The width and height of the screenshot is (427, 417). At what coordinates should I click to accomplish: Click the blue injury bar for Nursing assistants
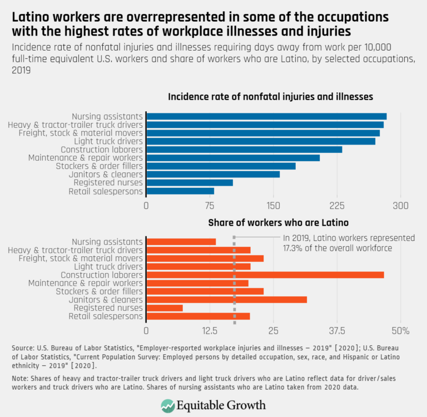pyautogui.click(x=266, y=116)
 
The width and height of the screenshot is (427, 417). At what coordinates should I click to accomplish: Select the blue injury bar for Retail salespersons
pyautogui.click(x=180, y=191)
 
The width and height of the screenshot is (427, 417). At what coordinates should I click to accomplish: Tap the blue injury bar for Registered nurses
pyautogui.click(x=189, y=183)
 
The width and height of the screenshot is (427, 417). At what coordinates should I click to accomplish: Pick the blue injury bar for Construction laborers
pyautogui.click(x=244, y=150)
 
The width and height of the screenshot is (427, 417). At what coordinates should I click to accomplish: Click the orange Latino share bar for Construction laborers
pyautogui.click(x=265, y=275)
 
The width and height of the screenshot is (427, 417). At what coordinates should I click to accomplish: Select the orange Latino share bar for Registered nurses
pyautogui.click(x=164, y=308)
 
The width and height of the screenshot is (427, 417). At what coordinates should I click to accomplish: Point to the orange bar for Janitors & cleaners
pyautogui.click(x=226, y=300)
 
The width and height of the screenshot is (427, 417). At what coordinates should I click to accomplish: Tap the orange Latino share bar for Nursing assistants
pyautogui.click(x=181, y=241)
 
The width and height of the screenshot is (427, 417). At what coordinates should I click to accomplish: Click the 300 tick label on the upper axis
pyautogui.click(x=400, y=206)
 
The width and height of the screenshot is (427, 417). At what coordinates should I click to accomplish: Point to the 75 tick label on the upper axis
pyautogui.click(x=210, y=206)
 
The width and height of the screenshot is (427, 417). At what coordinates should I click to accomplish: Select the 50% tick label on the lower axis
pyautogui.click(x=400, y=331)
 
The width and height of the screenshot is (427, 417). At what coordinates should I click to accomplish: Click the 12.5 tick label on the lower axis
pyautogui.click(x=210, y=331)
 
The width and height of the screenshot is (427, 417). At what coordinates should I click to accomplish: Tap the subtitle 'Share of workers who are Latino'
pyautogui.click(x=278, y=223)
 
